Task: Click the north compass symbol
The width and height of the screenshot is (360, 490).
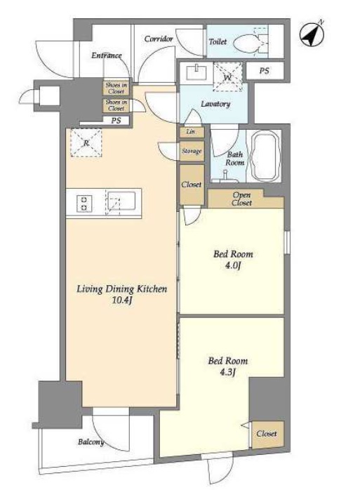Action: point(312,34)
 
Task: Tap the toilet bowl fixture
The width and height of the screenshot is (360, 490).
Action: point(247,43)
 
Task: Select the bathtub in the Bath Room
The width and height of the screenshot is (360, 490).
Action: point(265,156)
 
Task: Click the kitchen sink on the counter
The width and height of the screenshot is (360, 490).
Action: point(121,203)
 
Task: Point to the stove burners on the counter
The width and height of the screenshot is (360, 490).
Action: point(84,204)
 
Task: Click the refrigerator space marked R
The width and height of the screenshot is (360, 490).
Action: point(86,143)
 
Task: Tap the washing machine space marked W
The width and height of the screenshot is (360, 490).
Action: point(228,77)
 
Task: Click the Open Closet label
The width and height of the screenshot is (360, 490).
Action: point(242,199)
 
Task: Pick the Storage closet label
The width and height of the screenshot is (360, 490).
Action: point(192,151)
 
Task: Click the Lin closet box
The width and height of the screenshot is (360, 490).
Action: point(192,132)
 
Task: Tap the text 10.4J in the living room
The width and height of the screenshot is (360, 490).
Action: point(122,300)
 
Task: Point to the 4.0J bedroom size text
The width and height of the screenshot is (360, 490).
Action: point(233,265)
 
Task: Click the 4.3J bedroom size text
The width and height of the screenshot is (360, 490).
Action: point(227,373)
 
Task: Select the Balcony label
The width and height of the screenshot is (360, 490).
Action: point(91,442)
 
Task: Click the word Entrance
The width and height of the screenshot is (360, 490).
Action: point(107,55)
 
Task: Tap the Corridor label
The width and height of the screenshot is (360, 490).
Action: point(159,39)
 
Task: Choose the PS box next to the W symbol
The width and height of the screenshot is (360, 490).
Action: point(265,71)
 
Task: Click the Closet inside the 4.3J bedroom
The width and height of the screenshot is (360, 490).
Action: point(267,435)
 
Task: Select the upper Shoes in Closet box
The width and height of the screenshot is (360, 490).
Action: point(116,88)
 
